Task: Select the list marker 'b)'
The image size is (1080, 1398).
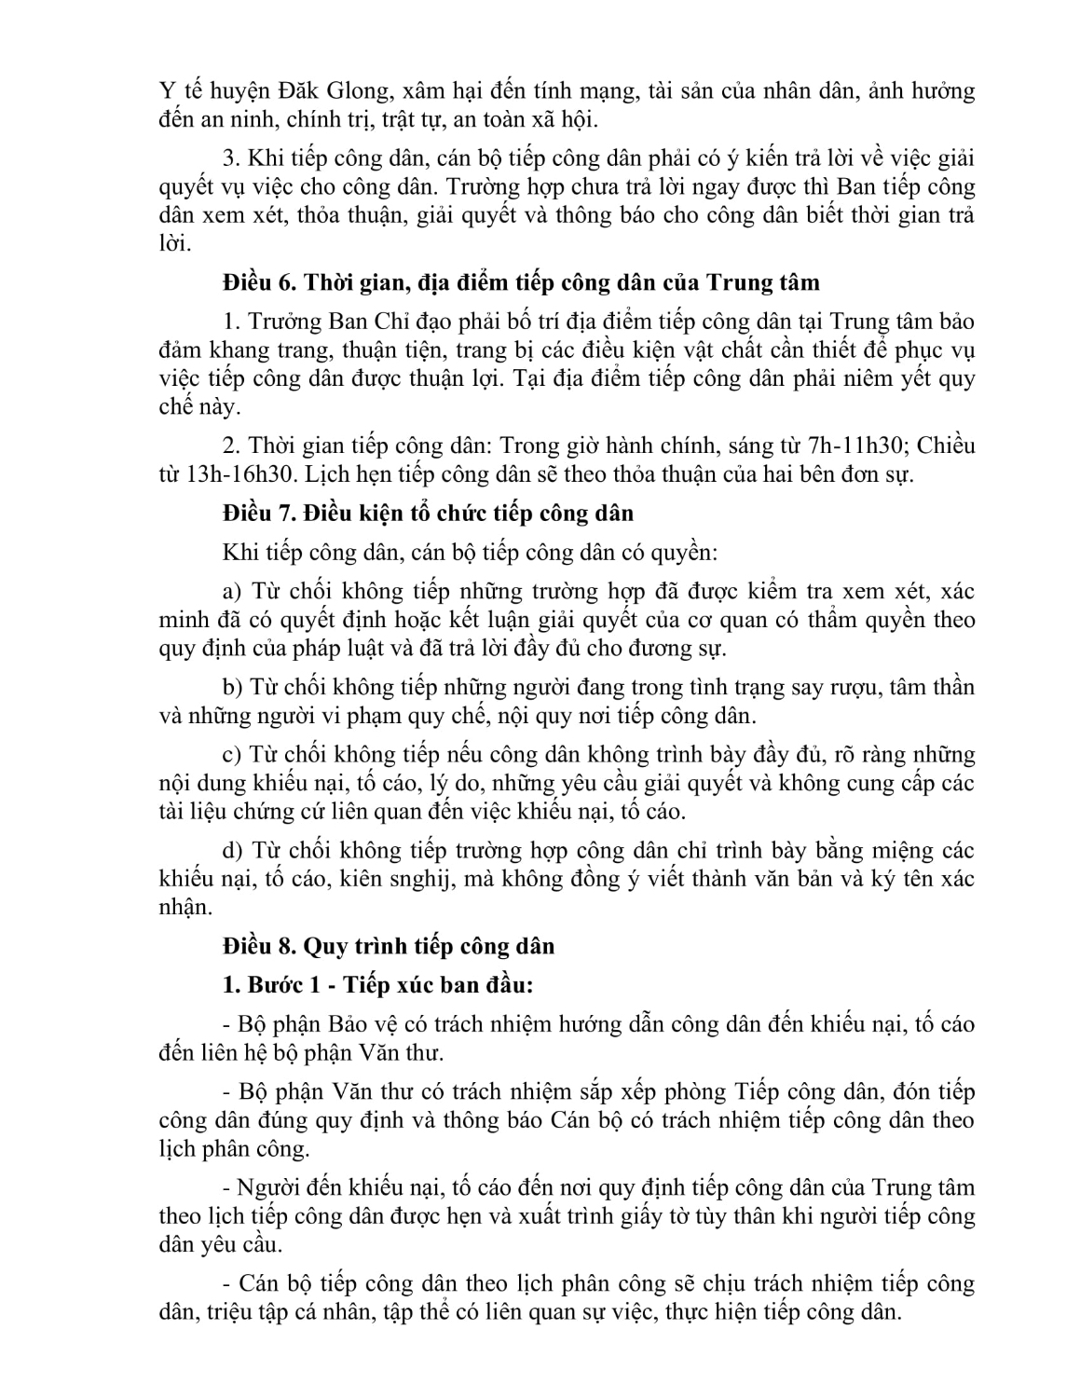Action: click(x=233, y=688)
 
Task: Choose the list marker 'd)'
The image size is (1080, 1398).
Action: click(x=233, y=851)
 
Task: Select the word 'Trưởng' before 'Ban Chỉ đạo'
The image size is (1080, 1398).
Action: click(x=275, y=322)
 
